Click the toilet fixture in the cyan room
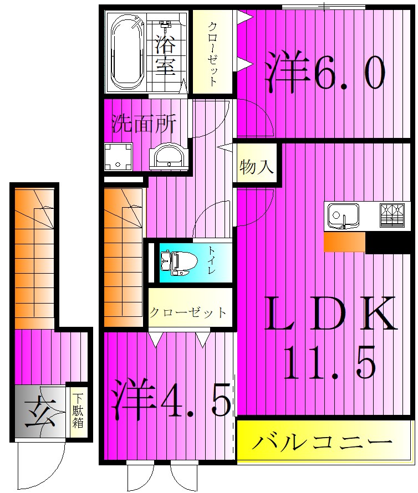click(x=176, y=262)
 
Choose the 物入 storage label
click(x=257, y=167)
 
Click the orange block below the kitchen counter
click(x=344, y=242)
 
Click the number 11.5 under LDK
click(x=330, y=361)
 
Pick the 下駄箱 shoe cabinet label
click(x=78, y=412)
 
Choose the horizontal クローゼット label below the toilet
click(x=188, y=312)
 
